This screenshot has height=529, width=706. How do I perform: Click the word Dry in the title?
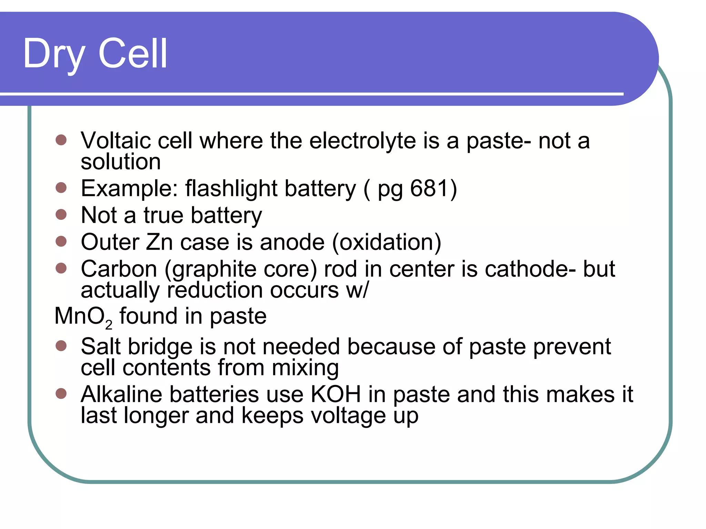click(x=54, y=54)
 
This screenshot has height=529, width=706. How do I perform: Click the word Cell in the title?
click(x=133, y=53)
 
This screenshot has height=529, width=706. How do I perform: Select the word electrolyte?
click(x=362, y=141)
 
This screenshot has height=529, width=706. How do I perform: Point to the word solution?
click(x=121, y=162)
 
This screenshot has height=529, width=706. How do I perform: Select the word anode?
click(x=292, y=242)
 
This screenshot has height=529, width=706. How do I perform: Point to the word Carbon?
click(x=119, y=269)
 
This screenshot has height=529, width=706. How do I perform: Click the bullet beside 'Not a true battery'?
click(x=61, y=215)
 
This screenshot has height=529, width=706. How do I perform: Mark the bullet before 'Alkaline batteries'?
click(x=61, y=393)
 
